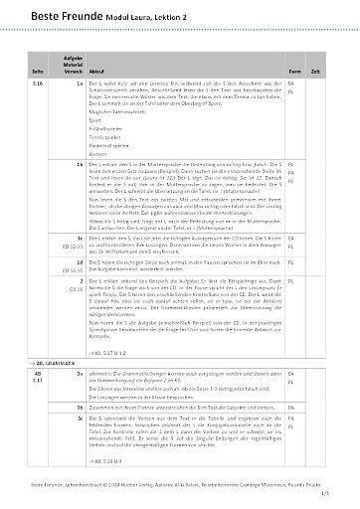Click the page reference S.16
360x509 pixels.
(x=37, y=86)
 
